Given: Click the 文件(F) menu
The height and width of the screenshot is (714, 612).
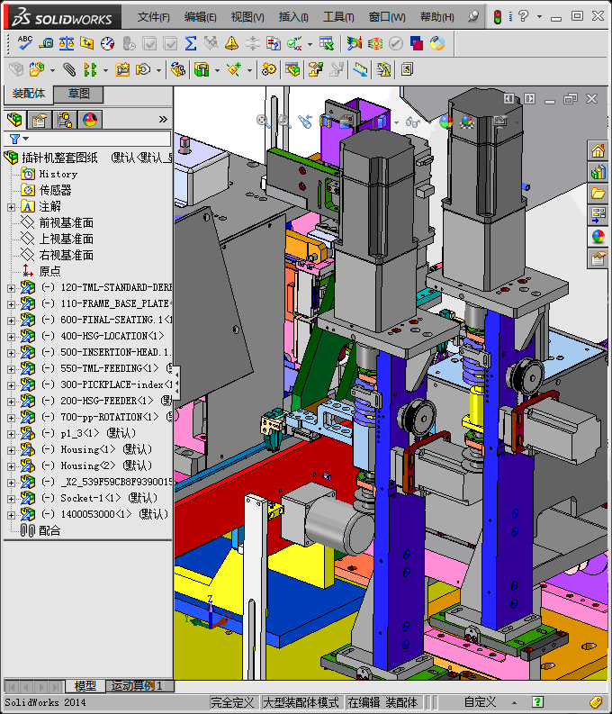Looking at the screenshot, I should (153, 17).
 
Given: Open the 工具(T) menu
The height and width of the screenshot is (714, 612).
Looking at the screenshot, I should (338, 17).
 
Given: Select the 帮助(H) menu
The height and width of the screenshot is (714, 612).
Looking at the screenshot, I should (436, 17).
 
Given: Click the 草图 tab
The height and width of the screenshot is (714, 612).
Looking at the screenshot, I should (78, 94).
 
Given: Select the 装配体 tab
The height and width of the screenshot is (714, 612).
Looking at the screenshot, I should (28, 94).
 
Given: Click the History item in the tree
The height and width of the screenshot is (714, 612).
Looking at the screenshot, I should (58, 174).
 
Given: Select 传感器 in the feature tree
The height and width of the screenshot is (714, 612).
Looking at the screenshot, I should (55, 190).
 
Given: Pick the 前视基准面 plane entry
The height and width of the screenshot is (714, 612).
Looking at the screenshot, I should (66, 222).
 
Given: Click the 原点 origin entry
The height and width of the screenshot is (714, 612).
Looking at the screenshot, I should (49, 271).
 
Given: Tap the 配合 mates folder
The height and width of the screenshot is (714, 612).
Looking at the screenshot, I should (49, 530).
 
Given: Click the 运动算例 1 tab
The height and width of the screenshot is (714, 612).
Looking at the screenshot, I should (138, 686).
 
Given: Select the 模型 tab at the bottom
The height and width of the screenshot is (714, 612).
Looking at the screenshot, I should (85, 686).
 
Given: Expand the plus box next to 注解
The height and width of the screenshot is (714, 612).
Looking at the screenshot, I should (11, 206).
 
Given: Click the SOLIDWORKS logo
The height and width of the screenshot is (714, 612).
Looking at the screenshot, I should (61, 17).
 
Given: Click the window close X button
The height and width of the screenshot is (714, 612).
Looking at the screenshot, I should (597, 15).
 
